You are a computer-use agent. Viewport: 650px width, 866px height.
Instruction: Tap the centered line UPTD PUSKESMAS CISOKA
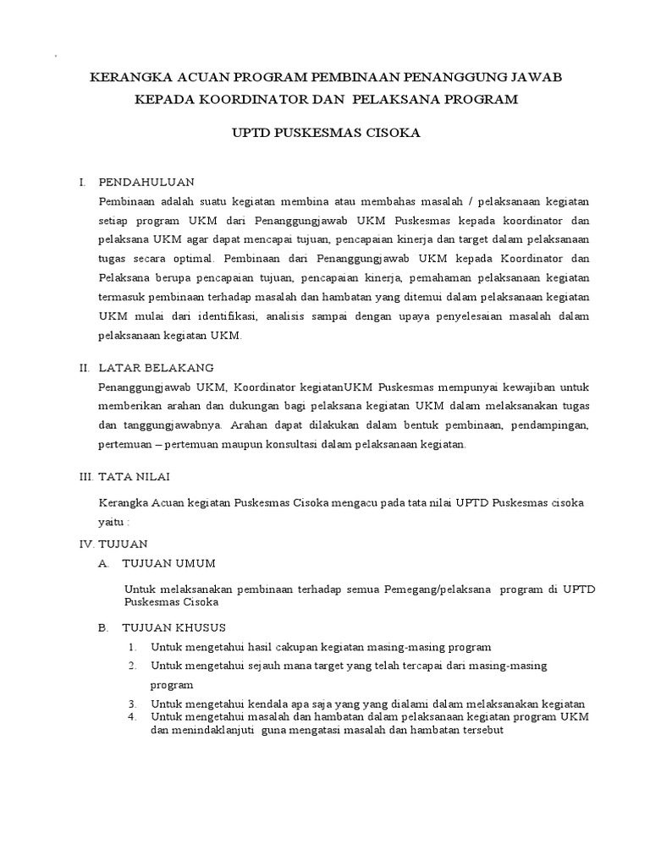(325, 134)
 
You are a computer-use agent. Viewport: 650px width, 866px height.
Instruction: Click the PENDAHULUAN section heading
(146, 182)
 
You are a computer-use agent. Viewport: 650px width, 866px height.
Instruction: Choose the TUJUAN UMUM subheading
(169, 563)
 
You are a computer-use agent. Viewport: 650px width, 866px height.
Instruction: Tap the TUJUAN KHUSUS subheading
(174, 628)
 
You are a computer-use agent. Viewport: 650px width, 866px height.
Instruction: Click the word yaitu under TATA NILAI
(113, 523)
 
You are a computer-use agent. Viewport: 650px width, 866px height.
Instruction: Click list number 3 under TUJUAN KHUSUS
(132, 704)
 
